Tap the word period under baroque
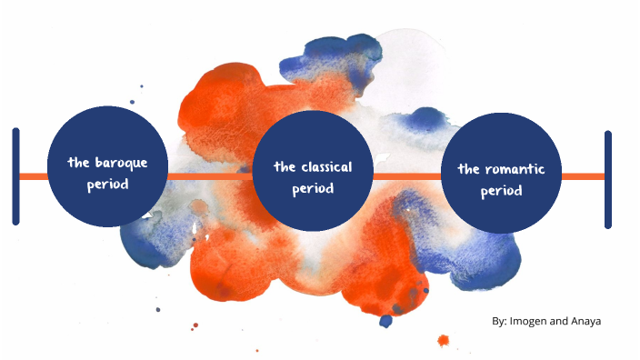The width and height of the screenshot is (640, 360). tap(107, 185)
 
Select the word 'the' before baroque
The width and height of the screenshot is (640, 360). tap(78, 163)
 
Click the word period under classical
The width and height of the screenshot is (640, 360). tap(313, 189)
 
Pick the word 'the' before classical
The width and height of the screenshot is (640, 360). tap(284, 167)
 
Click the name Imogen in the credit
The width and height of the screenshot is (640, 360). tap(531, 321)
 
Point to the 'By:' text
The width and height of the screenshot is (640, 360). tap(499, 321)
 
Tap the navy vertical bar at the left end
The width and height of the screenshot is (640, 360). tap(15, 176)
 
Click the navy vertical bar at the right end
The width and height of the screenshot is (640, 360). tap(608, 179)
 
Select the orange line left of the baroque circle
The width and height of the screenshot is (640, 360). tap(34, 176)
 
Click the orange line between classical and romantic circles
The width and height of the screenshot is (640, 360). tap(406, 176)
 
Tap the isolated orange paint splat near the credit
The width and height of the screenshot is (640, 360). tap(444, 341)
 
